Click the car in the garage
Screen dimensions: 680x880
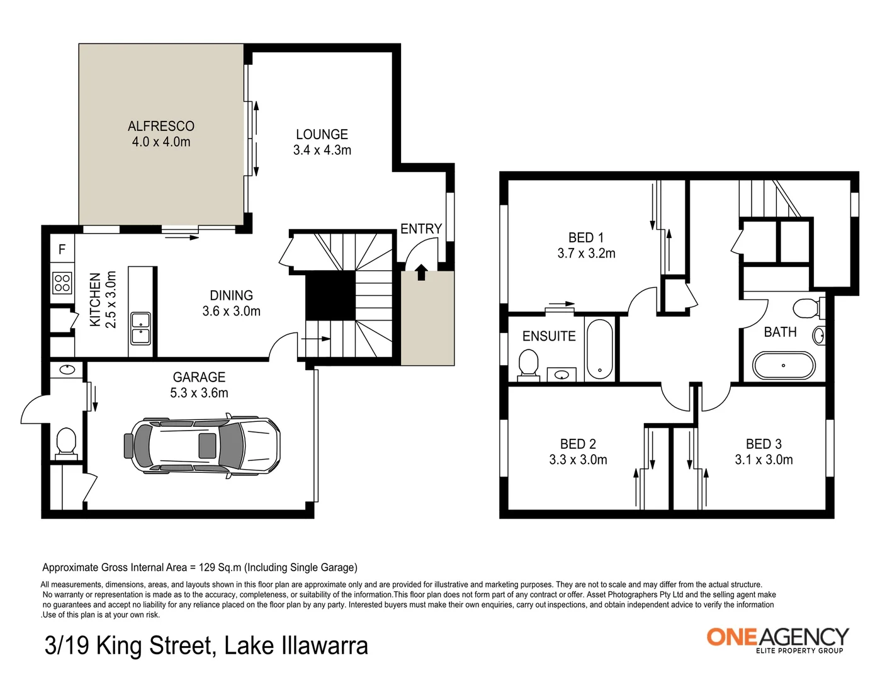203,445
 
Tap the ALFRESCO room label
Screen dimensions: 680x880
161,127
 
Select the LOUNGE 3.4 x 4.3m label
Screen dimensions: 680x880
322,142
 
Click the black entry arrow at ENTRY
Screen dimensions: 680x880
421,272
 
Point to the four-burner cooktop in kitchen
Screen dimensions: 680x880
62,283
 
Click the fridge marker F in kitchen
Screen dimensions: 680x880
62,250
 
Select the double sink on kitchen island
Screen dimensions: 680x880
140,328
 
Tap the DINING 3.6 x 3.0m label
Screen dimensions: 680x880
231,303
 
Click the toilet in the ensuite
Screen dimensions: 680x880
528,365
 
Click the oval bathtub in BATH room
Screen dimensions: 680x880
783,366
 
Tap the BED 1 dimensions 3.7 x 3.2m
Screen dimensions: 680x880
586,254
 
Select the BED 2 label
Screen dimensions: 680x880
578,444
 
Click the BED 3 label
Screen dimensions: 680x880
764,444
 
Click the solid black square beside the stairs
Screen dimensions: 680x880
330,296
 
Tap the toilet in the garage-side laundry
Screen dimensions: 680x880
65,441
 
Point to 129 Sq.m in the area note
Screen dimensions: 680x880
220,567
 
